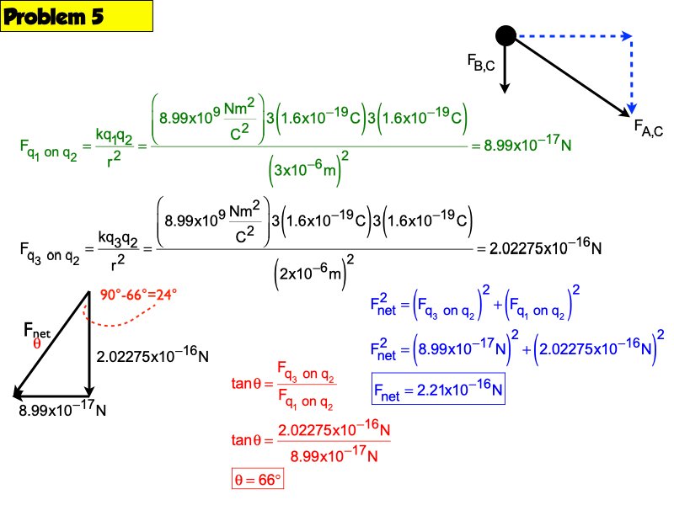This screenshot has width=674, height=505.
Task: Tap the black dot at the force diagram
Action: [x=505, y=35]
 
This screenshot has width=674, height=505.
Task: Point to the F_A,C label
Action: [x=649, y=128]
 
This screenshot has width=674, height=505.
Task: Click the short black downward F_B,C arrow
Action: [x=505, y=67]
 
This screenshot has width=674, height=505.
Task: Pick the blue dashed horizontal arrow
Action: [x=573, y=36]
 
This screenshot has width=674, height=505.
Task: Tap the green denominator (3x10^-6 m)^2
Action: [x=308, y=173]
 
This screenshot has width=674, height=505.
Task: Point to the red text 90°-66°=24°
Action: [x=138, y=295]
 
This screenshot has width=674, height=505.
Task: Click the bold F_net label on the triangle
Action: [x=38, y=331]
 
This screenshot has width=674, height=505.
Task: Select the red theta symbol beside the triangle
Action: [x=36, y=344]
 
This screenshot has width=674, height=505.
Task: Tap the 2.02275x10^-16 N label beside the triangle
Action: [x=152, y=356]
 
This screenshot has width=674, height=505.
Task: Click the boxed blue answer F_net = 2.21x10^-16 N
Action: [x=437, y=391]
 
